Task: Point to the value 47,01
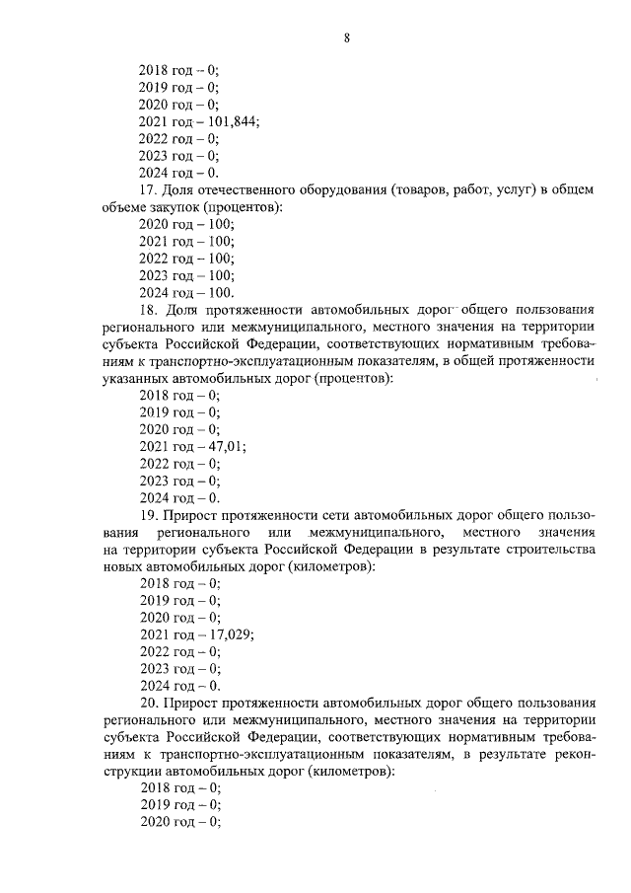[226, 445]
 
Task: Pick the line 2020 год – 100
[187, 224]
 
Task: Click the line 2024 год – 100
[187, 292]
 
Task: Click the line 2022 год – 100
[187, 259]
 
